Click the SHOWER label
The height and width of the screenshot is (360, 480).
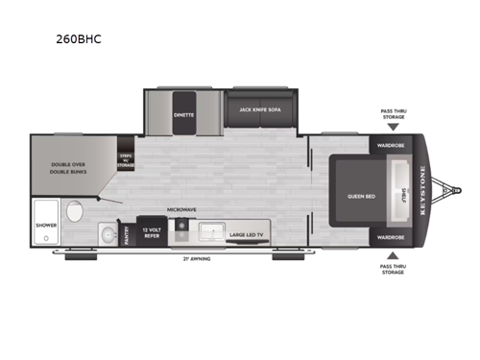(x=45, y=227)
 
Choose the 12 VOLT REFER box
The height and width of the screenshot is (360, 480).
(x=151, y=232)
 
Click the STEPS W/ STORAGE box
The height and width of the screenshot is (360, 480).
(x=126, y=159)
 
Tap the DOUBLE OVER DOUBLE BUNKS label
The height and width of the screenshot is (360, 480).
(x=68, y=169)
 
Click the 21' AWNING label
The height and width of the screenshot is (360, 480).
(x=199, y=259)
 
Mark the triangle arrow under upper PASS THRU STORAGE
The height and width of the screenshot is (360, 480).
(x=391, y=126)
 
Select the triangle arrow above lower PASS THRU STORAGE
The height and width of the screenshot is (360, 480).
(x=391, y=257)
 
